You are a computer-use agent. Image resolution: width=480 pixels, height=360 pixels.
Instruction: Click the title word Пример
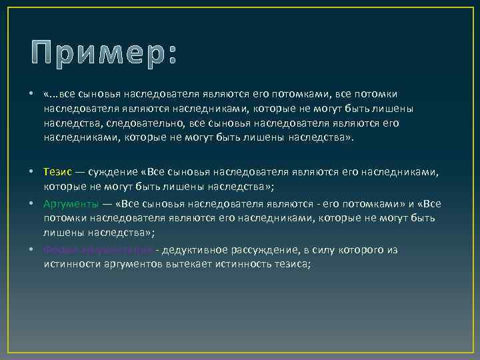[93, 51]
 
